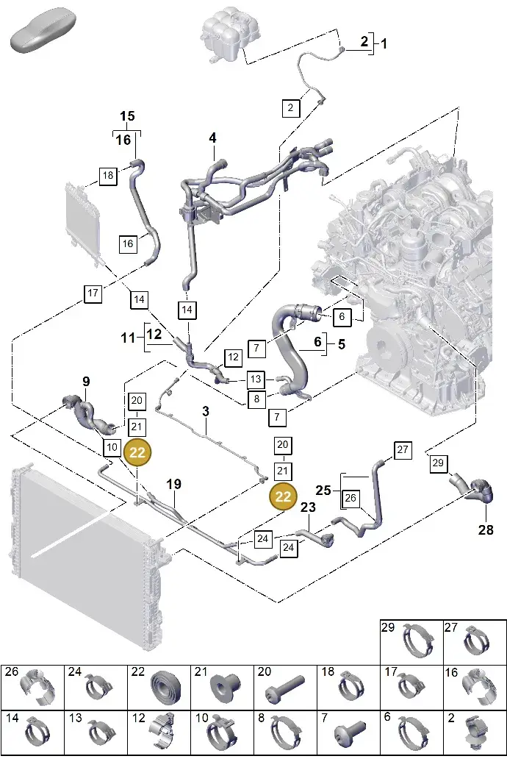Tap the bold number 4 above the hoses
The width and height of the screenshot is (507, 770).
(x=212, y=138)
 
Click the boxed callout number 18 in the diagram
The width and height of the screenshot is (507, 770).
(x=108, y=175)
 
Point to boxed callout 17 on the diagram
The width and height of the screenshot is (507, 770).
(x=93, y=293)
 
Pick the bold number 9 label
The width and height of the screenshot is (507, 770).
(x=86, y=381)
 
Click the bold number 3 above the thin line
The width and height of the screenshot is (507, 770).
(x=206, y=411)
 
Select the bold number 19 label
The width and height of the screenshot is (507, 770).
(x=173, y=484)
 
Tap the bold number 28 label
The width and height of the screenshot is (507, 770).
(x=486, y=530)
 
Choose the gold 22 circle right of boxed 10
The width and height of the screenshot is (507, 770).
(x=137, y=452)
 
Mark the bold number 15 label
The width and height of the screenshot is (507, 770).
(x=127, y=116)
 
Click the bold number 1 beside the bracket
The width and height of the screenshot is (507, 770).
(x=384, y=43)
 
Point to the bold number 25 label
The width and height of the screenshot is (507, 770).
(x=323, y=490)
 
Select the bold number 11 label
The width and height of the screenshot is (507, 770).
(x=128, y=338)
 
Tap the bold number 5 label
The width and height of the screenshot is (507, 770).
(x=342, y=344)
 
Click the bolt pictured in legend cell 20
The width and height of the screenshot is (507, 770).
(x=285, y=688)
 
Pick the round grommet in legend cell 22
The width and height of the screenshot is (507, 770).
(x=165, y=688)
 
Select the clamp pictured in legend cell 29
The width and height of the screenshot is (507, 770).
(x=418, y=640)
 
